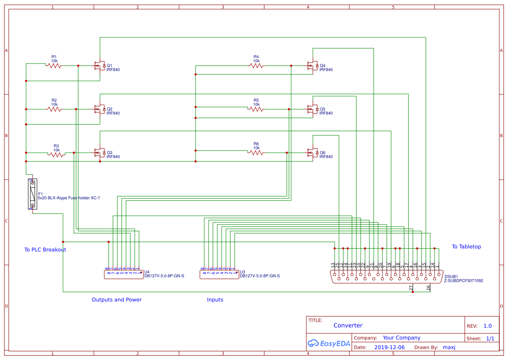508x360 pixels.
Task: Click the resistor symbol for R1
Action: click(54, 66)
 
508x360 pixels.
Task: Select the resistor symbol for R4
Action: click(256, 66)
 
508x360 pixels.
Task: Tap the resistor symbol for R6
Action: click(256, 153)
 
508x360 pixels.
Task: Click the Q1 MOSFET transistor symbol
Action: click(100, 66)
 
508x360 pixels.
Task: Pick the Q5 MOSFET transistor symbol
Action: click(312, 109)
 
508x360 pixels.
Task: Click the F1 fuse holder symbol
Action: click(32, 194)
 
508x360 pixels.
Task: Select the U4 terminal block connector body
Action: click(124, 274)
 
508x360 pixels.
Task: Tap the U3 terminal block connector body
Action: click(219, 274)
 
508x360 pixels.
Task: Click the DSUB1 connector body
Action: click(386, 277)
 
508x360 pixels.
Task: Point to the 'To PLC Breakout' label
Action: click(45, 250)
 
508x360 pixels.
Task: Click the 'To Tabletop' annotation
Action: click(466, 247)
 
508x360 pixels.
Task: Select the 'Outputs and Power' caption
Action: click(116, 300)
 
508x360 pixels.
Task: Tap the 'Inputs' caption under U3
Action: click(215, 300)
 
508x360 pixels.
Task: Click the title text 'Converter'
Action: click(348, 325)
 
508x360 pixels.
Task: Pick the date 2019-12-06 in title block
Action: click(389, 347)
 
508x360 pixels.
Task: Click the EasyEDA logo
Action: click(329, 343)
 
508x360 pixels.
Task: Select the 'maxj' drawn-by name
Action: click(448, 347)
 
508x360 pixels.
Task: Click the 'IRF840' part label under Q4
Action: click(326, 70)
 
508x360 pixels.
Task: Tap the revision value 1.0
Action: click(488, 326)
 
